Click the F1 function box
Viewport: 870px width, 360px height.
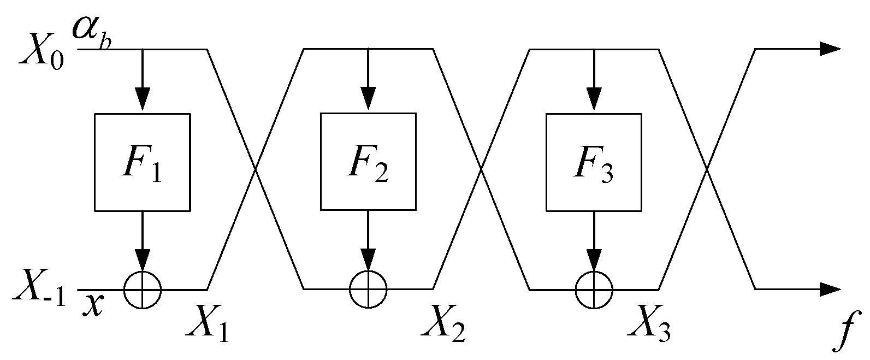[x=143, y=162]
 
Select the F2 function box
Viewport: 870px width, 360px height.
[x=368, y=162]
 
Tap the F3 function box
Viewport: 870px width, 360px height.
[x=594, y=162]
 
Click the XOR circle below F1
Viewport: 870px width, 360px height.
[x=143, y=289]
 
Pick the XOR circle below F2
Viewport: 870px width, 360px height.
[x=368, y=289]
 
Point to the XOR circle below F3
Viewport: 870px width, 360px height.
[x=594, y=289]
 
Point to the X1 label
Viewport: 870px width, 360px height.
[x=207, y=326]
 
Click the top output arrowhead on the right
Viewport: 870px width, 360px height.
[x=830, y=49]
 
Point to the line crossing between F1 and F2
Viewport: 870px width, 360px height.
[x=255, y=170]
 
